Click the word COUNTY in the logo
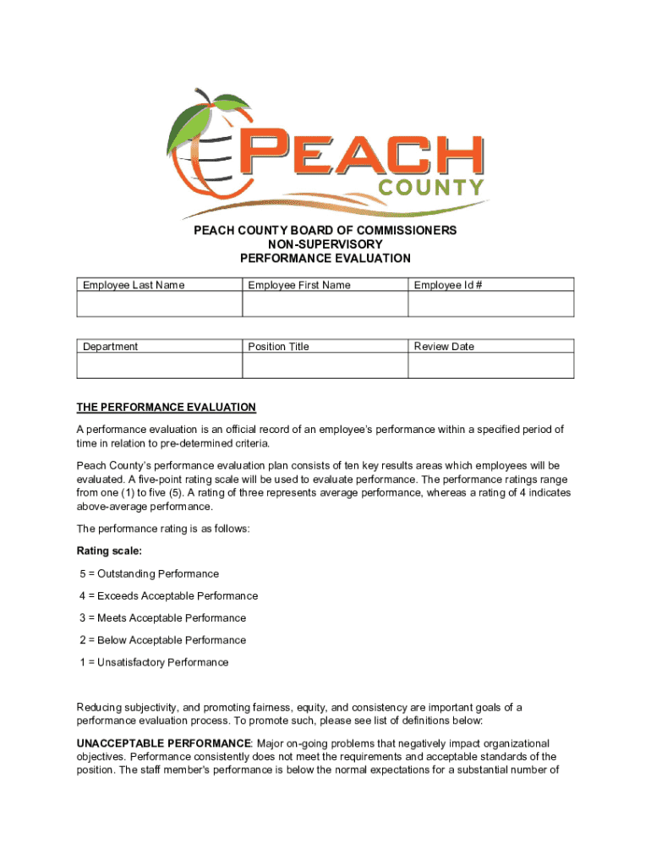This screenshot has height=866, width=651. [431, 187]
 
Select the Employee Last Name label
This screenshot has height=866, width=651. [134, 285]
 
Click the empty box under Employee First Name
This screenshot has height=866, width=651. [325, 304]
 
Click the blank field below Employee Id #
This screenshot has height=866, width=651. [490, 304]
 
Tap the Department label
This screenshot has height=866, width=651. [111, 346]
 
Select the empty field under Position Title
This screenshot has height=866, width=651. [325, 365]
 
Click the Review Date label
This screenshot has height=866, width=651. [444, 346]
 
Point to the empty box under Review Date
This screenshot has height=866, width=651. [490, 365]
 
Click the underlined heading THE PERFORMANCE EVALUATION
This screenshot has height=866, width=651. [166, 407]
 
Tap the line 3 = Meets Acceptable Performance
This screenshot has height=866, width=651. [163, 618]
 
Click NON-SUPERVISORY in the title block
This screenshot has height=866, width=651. [325, 244]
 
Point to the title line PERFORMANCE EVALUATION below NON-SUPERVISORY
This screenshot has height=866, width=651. [325, 258]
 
